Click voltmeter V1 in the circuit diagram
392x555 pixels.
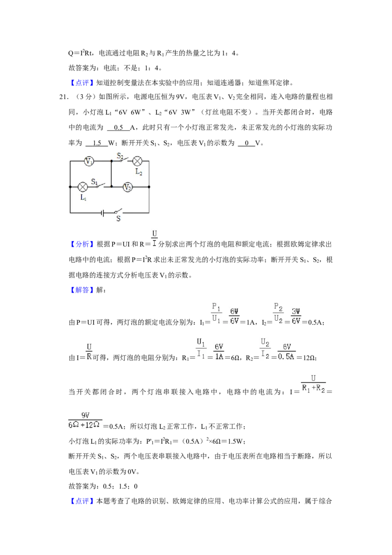(x=89, y=161)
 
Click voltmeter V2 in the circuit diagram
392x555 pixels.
(x=128, y=187)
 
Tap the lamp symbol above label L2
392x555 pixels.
(x=137, y=161)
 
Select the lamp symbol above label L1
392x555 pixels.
(x=83, y=187)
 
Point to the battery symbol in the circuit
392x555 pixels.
(x=102, y=213)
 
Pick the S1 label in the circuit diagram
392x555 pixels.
(x=95, y=181)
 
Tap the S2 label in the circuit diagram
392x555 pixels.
(x=120, y=156)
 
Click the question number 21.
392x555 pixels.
(x=64, y=97)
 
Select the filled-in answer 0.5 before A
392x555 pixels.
(x=119, y=128)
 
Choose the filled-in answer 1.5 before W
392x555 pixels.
(x=97, y=143)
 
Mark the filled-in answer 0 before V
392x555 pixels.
(x=246, y=143)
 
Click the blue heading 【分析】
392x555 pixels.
(x=81, y=244)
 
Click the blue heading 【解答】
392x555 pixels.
(x=81, y=290)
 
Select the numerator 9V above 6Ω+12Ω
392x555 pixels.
(x=85, y=415)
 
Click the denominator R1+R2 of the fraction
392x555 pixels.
(x=314, y=388)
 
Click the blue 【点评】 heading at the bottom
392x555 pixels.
(x=81, y=501)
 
